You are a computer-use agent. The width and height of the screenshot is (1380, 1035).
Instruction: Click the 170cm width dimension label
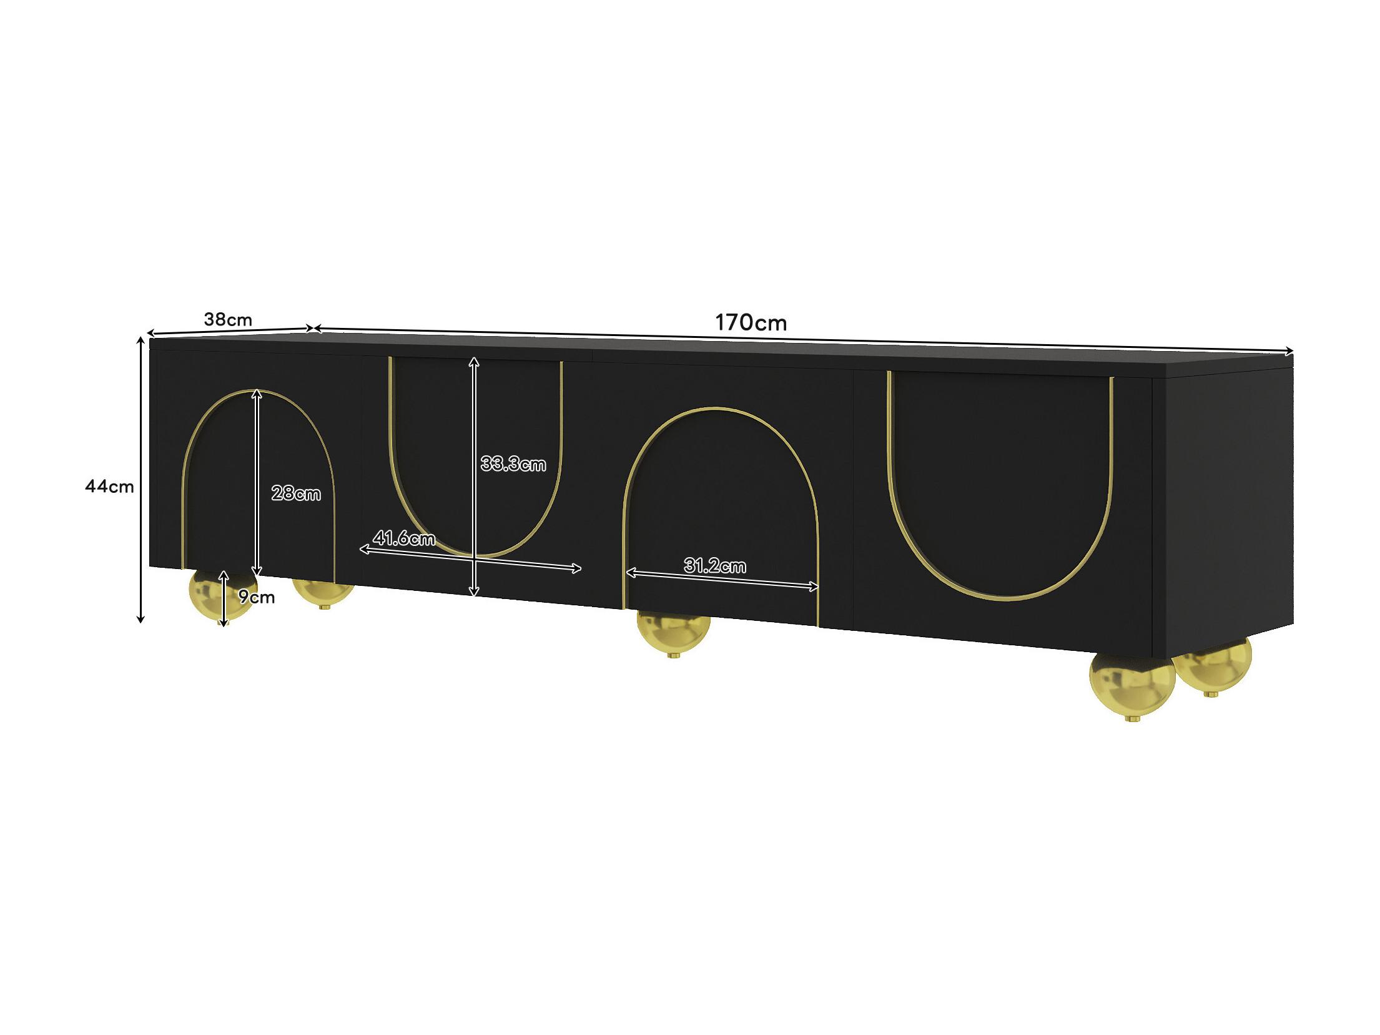[x=751, y=323]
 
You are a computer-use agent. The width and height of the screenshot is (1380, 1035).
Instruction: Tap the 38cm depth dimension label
[x=228, y=320]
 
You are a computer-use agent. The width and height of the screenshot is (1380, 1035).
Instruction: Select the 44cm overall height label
[x=109, y=486]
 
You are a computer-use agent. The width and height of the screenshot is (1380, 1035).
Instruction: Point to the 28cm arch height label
[x=296, y=494]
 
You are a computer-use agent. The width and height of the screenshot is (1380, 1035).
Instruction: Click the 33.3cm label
[x=513, y=464]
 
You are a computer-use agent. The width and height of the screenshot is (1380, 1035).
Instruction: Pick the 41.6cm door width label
[x=404, y=538]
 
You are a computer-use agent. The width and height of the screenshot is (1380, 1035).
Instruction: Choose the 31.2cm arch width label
[x=715, y=567]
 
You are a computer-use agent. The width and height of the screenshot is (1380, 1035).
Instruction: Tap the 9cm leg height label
[x=257, y=597]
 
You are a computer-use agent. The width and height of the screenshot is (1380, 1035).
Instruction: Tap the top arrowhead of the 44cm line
[x=141, y=340]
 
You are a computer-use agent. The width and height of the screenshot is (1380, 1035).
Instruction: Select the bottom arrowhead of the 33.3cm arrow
[x=474, y=592]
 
